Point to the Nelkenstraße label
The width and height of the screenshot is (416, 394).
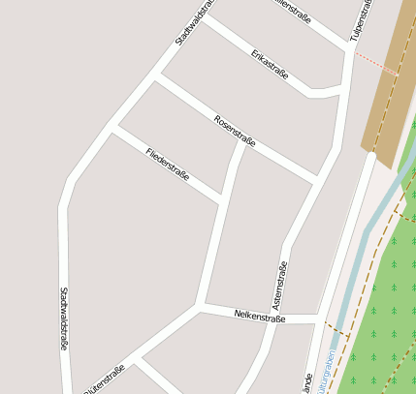pyautogui.click(x=260, y=317)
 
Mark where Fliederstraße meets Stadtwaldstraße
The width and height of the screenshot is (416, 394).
pyautogui.click(x=113, y=126)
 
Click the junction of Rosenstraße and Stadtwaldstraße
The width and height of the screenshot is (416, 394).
pyautogui.click(x=156, y=76)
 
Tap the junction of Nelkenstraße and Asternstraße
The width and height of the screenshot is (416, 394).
pyautogui.click(x=320, y=318)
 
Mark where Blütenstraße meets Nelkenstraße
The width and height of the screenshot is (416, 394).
pyautogui.click(x=198, y=307)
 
